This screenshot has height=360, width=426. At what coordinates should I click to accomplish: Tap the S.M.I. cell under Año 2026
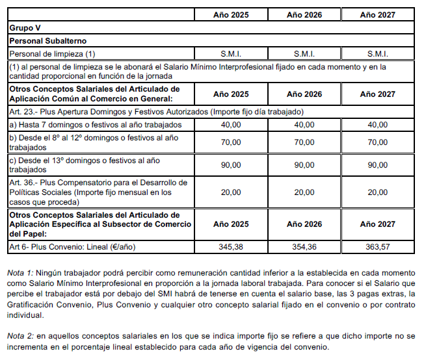[304, 54]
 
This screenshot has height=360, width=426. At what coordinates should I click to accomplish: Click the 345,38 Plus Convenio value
[230, 247]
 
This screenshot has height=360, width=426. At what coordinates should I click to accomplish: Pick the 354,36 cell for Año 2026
[304, 247]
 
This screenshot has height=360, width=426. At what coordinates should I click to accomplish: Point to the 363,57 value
[377, 247]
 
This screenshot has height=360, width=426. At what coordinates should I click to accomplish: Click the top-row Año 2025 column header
[230, 14]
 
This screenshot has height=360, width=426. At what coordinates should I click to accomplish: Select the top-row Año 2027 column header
[377, 14]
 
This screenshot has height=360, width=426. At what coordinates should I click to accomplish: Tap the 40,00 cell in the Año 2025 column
[230, 124]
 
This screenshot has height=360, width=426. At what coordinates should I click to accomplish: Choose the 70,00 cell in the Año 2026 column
[304, 142]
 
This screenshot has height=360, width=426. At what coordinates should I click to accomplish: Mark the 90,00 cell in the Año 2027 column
[377, 165]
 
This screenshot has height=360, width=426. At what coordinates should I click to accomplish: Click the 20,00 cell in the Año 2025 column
[230, 192]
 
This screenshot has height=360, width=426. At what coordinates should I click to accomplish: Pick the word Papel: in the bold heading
[21, 233]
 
